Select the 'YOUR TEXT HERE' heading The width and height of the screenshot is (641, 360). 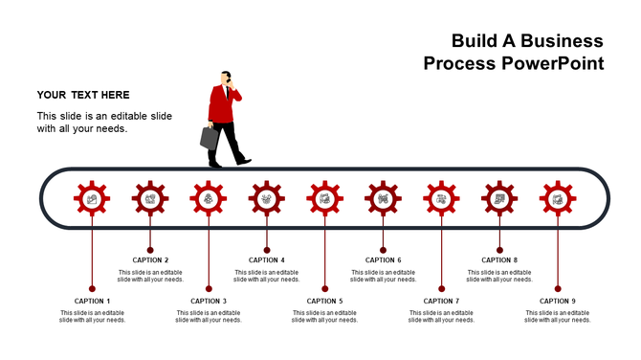[83, 95]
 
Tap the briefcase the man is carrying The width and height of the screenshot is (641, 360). [210, 137]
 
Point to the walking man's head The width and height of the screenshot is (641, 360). [227, 79]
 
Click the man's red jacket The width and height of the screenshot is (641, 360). [223, 107]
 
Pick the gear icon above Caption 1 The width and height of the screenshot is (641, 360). [92, 198]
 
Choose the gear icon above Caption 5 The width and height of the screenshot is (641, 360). [325, 198]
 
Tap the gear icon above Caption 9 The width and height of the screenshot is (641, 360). [558, 198]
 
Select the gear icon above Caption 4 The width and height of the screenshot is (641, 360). [267, 198]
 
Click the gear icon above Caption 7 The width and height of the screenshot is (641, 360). [441, 198]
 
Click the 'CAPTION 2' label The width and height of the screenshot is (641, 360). [150, 259]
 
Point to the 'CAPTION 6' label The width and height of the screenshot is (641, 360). [383, 259]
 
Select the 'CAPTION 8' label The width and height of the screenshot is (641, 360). [499, 259]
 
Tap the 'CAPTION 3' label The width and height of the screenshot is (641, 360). [209, 301]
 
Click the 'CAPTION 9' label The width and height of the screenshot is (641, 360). [558, 301]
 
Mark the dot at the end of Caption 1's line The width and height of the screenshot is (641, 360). [92, 288]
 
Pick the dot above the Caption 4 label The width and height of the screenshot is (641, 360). [267, 249]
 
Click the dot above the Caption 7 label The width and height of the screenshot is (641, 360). [441, 288]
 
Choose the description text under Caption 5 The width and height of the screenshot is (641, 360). [325, 316]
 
